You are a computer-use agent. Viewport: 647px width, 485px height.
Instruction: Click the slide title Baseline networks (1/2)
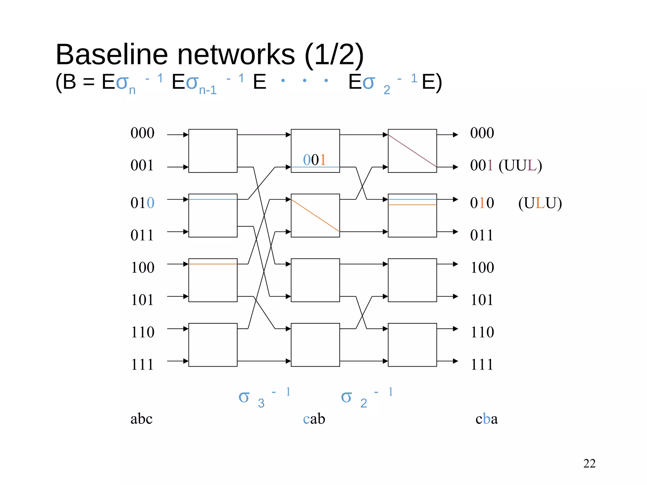point(209,54)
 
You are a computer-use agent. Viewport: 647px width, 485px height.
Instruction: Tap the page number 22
point(589,464)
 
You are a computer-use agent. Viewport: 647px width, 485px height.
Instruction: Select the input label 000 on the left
point(142,133)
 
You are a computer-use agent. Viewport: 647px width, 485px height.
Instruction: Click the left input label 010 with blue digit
point(142,203)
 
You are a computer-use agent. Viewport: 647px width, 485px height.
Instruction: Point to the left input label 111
point(142,364)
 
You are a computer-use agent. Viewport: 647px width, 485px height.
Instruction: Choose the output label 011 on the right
point(481,235)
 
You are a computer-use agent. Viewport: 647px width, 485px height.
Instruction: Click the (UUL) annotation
point(520,165)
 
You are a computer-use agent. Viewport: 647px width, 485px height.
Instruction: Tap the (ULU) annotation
point(540,203)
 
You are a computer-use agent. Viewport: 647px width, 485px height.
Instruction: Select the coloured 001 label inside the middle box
point(314,160)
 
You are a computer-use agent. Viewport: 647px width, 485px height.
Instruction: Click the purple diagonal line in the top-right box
point(412,151)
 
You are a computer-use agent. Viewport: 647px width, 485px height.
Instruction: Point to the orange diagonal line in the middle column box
point(315,216)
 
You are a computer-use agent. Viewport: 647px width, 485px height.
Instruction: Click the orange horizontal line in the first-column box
point(213,264)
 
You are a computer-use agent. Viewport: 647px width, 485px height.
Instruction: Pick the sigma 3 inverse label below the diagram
point(264,397)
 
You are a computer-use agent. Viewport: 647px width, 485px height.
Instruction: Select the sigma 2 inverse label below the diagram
point(366,397)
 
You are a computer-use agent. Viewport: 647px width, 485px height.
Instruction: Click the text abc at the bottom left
point(141,419)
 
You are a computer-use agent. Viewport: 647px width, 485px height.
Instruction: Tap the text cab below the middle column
point(314,419)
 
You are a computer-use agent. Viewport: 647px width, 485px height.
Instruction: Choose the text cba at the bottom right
point(487,419)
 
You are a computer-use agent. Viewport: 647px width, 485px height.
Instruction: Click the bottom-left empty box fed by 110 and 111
point(213,345)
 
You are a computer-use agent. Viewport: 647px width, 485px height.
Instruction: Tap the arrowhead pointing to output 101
point(455,296)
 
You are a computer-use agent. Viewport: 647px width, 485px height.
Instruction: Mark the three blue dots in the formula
point(304,81)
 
